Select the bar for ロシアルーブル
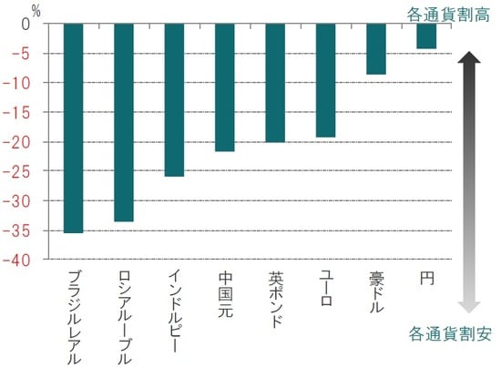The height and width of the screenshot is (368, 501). click(x=125, y=122)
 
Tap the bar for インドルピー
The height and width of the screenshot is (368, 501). click(x=175, y=99)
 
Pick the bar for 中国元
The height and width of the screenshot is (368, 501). click(x=225, y=87)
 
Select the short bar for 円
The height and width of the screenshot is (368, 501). click(x=425, y=36)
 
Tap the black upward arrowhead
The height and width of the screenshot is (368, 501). click(x=467, y=60)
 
